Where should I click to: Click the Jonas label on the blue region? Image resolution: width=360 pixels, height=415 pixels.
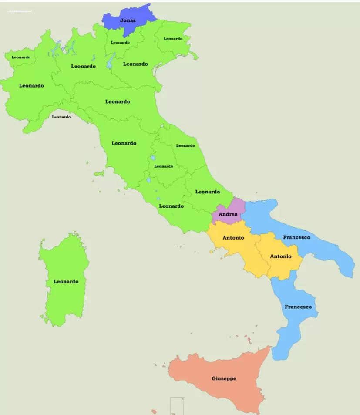[x=128, y=20]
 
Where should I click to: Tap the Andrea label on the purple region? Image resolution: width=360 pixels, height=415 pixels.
[x=228, y=214]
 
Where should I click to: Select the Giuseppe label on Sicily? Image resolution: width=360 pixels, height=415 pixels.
[x=224, y=378]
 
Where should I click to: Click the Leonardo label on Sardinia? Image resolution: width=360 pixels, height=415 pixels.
[x=66, y=282]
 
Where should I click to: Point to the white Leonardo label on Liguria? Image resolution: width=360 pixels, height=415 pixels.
[x=61, y=117]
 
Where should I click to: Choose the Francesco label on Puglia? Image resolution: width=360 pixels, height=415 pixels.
[x=296, y=237]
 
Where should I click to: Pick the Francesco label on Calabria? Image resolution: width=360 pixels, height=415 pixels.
[x=298, y=307]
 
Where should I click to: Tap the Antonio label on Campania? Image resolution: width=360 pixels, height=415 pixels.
[x=233, y=238]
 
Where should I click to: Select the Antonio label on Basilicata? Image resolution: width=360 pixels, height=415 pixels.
[x=281, y=256]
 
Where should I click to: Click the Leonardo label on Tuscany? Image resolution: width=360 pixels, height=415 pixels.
[x=124, y=143]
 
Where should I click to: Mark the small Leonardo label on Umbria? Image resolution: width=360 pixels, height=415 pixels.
[x=164, y=166]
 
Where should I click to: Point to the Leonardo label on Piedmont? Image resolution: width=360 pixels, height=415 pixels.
[x=31, y=86]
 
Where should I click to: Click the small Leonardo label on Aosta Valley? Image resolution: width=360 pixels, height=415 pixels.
[x=21, y=57]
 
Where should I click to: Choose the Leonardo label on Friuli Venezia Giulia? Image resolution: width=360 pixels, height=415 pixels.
[x=173, y=39]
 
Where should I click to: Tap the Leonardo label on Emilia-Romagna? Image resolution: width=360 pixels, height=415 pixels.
[x=118, y=102]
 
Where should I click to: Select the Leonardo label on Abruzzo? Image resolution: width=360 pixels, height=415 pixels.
[x=208, y=192]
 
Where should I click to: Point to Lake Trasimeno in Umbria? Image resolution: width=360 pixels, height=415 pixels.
[x=153, y=158]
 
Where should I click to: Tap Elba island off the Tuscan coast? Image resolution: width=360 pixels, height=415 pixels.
[x=99, y=174]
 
